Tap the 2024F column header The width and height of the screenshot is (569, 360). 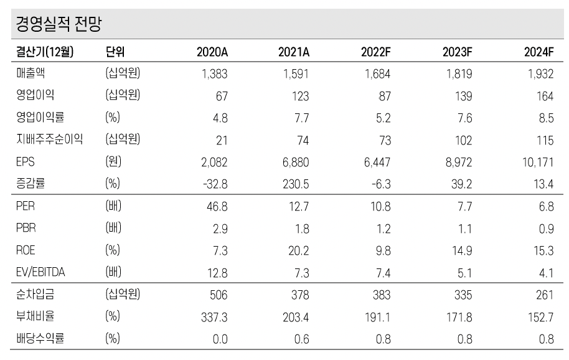pos(539,52)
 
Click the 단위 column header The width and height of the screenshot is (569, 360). pos(116,52)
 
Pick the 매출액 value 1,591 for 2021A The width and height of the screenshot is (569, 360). pos(294,74)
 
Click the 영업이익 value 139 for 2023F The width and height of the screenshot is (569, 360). pos(463,96)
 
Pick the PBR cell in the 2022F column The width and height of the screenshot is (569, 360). pos(383,228)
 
